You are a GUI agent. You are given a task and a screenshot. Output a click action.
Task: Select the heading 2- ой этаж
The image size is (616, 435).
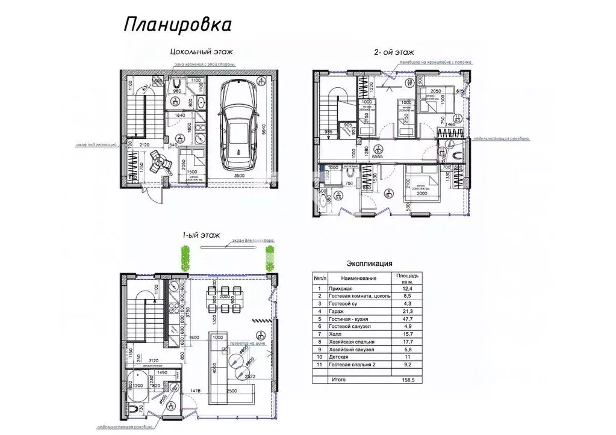(394, 53)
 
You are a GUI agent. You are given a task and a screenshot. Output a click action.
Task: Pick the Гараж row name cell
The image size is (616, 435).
(337, 312)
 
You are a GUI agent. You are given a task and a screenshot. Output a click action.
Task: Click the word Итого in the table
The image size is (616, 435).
(338, 380)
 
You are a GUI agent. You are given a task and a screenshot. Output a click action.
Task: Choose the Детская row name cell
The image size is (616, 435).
(339, 357)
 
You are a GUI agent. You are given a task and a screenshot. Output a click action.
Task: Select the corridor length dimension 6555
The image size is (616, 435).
(378, 155)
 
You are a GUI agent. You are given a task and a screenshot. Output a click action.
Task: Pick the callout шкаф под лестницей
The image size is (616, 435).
(97, 145)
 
